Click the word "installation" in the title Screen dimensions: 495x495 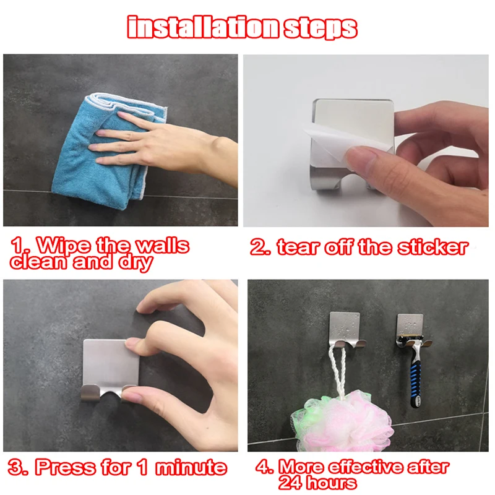pos(203,27)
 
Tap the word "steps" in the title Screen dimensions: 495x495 pos(321,28)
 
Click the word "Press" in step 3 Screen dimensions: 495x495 pos(65,467)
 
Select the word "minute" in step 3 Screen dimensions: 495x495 pos(191,467)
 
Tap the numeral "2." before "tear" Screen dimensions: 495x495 pos(260,247)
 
